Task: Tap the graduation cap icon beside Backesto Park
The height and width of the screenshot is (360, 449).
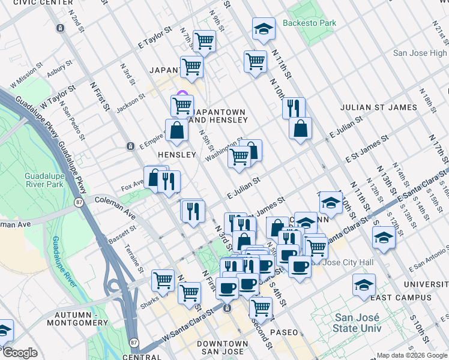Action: [x=263, y=29]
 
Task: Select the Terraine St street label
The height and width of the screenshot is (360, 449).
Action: [x=136, y=256]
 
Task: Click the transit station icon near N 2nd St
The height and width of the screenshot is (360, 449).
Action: [x=59, y=28]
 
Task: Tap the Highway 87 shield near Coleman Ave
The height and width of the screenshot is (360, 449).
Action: [x=79, y=203]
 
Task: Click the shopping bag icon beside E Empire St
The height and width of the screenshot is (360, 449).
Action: [x=177, y=130]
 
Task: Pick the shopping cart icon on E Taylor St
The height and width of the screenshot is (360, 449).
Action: [x=204, y=41]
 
